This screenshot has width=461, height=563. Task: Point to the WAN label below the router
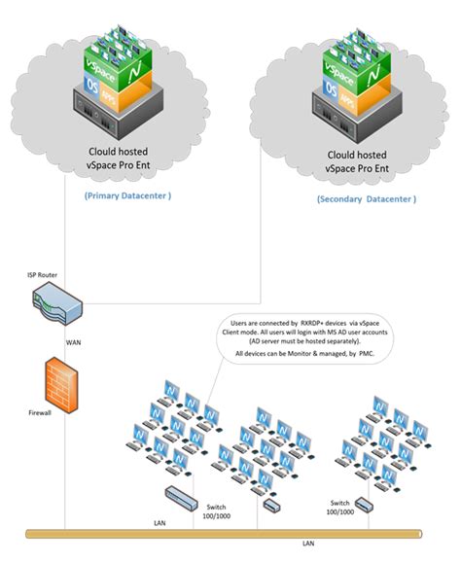73,342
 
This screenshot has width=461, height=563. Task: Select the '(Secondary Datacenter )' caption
367,198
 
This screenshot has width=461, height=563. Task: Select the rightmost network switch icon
364,504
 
